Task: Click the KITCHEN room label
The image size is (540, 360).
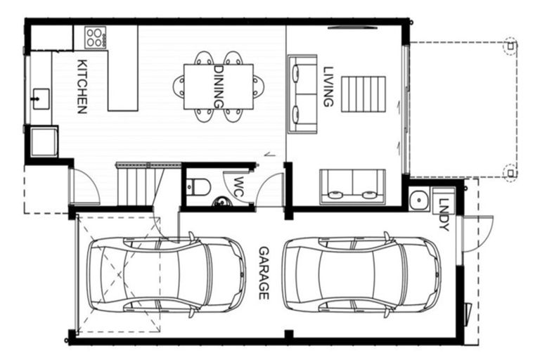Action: click(82, 86)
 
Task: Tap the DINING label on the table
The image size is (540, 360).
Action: click(218, 86)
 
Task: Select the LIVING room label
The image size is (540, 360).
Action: click(328, 86)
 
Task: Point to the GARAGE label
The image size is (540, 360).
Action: click(264, 273)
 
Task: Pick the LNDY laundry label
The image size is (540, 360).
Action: click(443, 214)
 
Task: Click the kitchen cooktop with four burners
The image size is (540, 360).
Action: click(94, 37)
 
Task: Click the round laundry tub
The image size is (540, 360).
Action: click(420, 200)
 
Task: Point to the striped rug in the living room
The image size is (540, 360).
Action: click(364, 93)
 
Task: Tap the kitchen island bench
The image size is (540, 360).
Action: click(122, 69)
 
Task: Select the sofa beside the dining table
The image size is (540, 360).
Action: click(302, 94)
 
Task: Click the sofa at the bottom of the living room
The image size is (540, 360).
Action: click(352, 186)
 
